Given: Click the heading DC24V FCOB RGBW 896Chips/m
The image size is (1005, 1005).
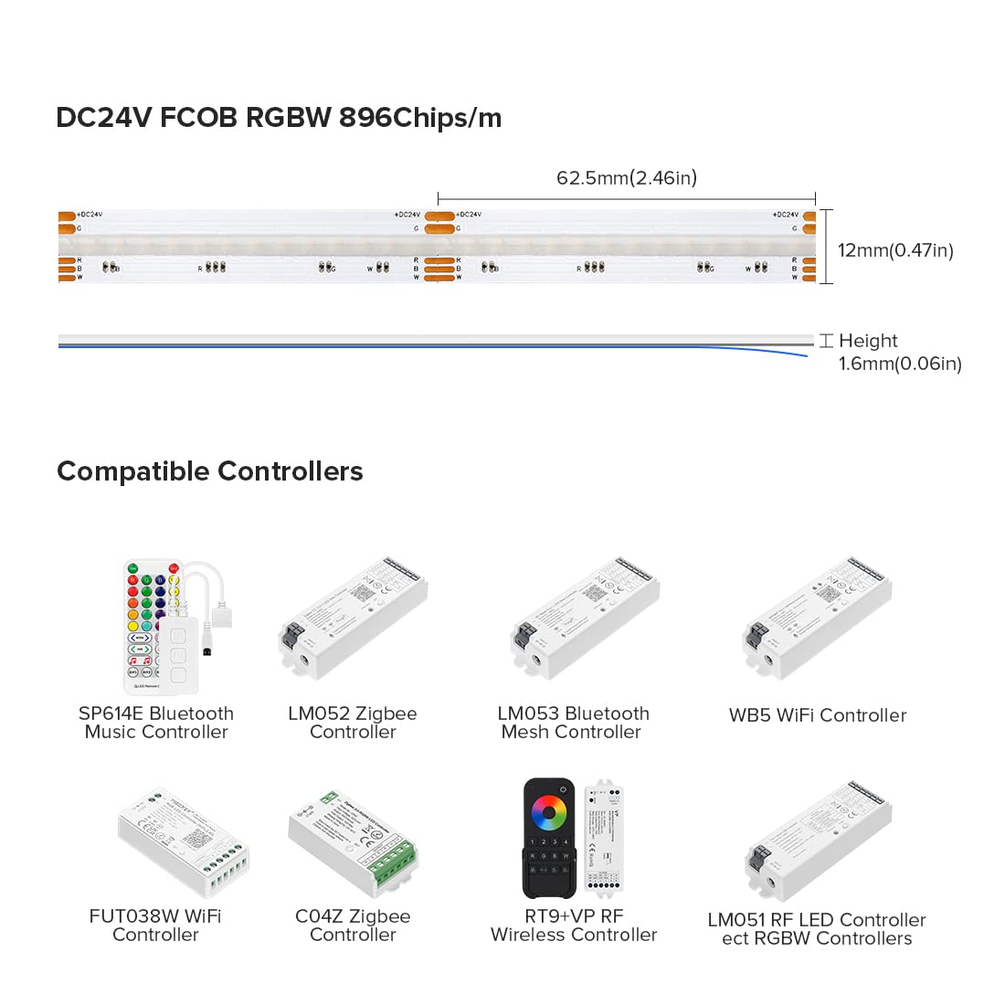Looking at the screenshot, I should click(x=279, y=118).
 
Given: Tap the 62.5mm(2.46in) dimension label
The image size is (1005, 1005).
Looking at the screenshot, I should click(x=627, y=177).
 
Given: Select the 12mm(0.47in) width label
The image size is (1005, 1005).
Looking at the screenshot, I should click(x=895, y=250).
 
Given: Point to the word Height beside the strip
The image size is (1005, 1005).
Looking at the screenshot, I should click(x=868, y=341).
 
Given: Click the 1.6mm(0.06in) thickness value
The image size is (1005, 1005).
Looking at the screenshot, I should click(x=900, y=364).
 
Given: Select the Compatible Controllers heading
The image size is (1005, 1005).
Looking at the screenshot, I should click(x=210, y=471).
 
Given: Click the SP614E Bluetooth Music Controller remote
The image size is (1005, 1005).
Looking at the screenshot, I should click(x=146, y=626).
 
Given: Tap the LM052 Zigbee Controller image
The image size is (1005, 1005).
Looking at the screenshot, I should click(x=353, y=619).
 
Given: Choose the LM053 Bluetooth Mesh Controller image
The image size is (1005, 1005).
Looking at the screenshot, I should click(x=585, y=619).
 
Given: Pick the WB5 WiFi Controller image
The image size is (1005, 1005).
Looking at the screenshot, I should click(x=817, y=619).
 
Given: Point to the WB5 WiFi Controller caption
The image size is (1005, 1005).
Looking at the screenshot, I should click(x=818, y=715).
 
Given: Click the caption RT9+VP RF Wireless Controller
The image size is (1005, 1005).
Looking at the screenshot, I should click(x=574, y=926).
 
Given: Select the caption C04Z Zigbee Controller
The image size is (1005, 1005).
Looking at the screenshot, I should click(x=353, y=926).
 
